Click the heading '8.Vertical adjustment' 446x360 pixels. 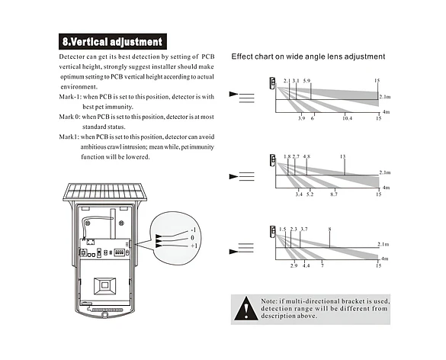113,41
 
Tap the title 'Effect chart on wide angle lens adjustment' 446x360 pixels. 308,56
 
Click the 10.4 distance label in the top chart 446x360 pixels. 347,118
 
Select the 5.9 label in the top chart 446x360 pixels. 306,81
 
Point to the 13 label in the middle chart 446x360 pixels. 343,156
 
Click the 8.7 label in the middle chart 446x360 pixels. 334,194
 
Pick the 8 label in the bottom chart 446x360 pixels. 329,229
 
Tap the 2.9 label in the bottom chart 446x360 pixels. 294,265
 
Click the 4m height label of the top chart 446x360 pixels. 386,112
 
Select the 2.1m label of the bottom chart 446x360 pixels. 383,244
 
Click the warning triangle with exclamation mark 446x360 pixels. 246,308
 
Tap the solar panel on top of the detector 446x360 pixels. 105,192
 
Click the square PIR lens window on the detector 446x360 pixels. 104,286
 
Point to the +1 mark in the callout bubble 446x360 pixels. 194,246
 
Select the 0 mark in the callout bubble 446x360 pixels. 193,238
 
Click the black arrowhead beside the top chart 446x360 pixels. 233,94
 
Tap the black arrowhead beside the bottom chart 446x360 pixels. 233,252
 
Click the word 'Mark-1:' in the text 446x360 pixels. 70,97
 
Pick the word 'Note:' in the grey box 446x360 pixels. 268,301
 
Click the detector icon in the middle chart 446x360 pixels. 273,160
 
